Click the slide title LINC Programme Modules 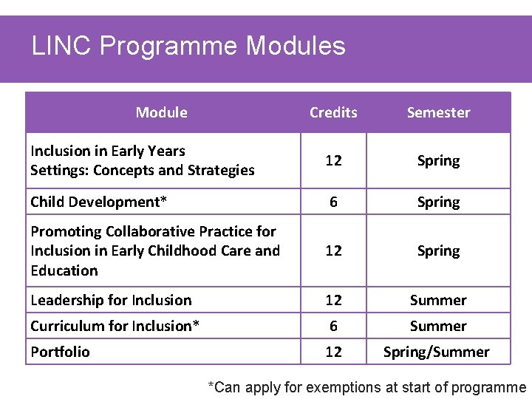188,47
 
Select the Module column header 161,113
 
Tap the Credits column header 333,113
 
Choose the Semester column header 438,113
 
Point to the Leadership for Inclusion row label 111,300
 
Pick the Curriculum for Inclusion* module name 115,326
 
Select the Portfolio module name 60,352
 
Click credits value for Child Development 333,202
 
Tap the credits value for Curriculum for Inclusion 333,326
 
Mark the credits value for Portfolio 333,352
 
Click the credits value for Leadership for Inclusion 333,300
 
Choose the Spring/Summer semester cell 436,352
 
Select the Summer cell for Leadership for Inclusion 438,300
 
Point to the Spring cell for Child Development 438,202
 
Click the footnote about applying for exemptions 367,387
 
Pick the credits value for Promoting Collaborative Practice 333,251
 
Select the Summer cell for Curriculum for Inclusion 438,326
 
